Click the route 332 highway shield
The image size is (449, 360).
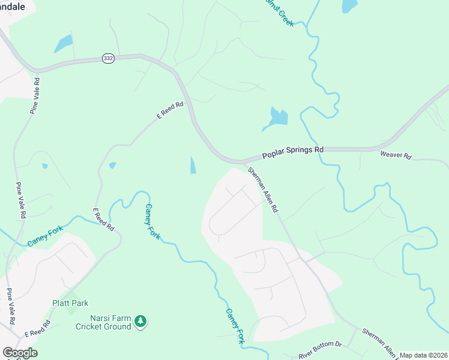pos(108,58)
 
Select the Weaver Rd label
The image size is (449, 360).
pos(396,155)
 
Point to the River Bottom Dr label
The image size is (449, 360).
pos(320,351)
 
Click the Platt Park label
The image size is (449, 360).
pos(70,303)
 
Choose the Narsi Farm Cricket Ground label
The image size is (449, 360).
pos(103,322)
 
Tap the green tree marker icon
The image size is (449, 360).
pos(140,322)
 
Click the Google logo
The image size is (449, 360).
pos(20,353)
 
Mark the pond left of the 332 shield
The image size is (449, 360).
pos(62,44)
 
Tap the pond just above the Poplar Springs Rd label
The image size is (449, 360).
pos(276,118)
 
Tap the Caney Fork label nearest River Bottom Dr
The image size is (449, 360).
pos(236,326)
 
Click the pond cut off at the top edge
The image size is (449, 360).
pos(349,5)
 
